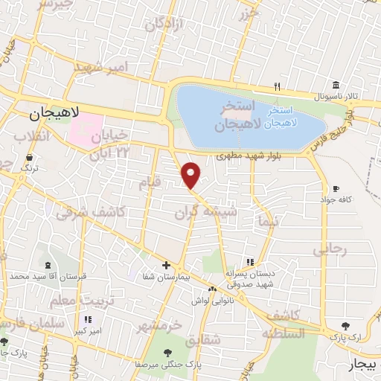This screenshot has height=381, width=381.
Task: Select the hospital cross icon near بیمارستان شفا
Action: [167, 265]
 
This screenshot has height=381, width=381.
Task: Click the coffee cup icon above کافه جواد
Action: [336, 188]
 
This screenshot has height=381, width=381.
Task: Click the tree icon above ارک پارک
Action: [345, 326]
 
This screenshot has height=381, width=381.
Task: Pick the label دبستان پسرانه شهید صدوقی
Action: [251, 278]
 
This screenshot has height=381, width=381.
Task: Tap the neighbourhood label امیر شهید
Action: [102, 69]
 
